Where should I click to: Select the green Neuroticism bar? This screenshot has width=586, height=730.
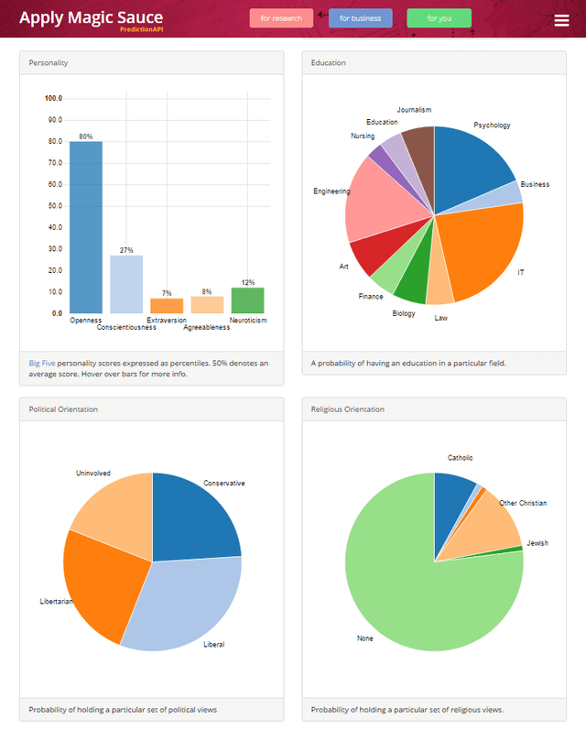click(247, 300)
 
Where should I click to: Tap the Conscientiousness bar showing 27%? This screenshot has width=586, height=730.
click(126, 284)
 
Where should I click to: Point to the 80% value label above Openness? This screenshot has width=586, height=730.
click(86, 136)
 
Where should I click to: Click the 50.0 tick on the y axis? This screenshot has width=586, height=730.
click(54, 205)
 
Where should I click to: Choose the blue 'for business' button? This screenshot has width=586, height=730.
click(361, 18)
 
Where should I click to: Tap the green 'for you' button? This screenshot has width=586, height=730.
click(439, 18)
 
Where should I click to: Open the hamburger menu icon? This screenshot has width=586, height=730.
click(561, 21)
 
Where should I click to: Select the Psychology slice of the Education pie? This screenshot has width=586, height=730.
click(472, 165)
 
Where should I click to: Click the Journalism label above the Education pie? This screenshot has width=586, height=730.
click(414, 110)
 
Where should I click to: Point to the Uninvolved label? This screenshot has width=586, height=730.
click(92, 474)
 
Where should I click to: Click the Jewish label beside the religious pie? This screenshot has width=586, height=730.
click(537, 543)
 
